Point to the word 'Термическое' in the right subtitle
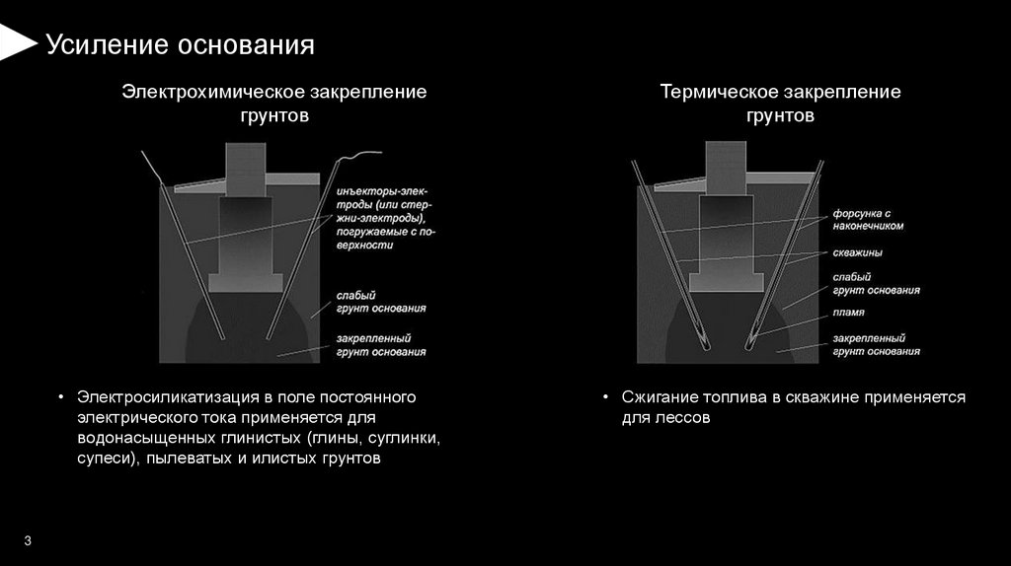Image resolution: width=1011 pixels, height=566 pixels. (x=716, y=92)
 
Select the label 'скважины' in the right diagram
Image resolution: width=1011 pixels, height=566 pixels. (x=857, y=253)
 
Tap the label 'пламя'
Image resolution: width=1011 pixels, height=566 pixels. (x=848, y=313)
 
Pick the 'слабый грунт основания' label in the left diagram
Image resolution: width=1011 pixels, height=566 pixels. (x=381, y=302)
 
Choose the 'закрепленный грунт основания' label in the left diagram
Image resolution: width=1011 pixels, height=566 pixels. (x=381, y=345)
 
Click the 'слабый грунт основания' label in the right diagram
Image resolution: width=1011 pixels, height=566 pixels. (x=876, y=284)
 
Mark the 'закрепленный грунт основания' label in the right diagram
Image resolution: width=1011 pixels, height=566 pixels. (x=876, y=344)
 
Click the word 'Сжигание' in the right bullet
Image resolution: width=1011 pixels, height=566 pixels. (x=657, y=397)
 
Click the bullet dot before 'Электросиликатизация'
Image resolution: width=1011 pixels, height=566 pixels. (x=61, y=398)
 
